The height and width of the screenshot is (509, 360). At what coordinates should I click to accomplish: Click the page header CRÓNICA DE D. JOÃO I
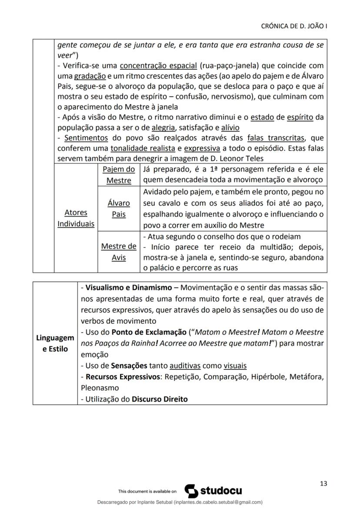click(294, 26)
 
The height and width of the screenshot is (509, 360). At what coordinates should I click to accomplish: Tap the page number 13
click(323, 483)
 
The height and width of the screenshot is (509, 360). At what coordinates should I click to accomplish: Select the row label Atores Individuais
click(76, 218)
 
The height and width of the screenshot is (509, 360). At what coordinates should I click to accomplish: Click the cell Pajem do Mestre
click(118, 175)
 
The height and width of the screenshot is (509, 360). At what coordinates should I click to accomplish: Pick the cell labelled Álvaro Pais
click(118, 209)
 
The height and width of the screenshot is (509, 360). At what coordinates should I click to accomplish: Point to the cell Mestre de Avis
click(118, 252)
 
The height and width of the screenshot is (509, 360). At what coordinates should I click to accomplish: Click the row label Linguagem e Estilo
click(55, 343)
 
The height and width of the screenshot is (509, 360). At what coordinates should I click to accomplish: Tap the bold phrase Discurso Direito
click(160, 399)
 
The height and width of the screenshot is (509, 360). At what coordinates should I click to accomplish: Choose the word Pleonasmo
click(100, 387)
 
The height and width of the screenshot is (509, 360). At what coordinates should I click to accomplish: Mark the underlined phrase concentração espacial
click(159, 66)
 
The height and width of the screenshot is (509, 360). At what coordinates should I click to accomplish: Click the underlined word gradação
click(90, 76)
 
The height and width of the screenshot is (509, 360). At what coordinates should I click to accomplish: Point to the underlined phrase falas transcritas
click(276, 138)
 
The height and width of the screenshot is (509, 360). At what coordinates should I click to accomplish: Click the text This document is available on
click(147, 492)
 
